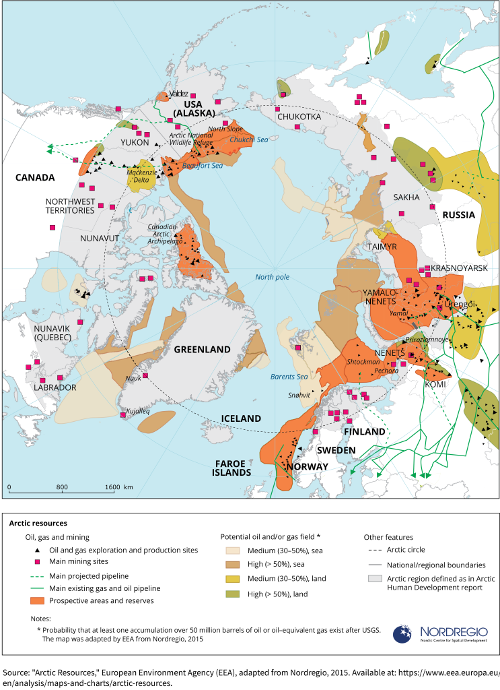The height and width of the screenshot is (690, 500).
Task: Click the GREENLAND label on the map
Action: coord(203,349)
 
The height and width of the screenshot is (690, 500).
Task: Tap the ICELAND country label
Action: coord(241,418)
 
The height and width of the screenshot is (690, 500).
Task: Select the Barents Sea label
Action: coord(289,377)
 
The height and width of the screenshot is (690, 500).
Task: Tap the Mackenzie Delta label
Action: coord(142,177)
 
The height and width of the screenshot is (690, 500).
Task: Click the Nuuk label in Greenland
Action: coord(135,378)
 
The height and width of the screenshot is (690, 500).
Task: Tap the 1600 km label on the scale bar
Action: coord(118,487)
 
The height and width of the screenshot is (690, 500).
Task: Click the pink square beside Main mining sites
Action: coord(38,561)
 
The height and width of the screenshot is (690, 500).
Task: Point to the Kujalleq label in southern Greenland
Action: coord(139,411)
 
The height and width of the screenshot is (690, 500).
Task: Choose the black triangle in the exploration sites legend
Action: coord(38,550)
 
